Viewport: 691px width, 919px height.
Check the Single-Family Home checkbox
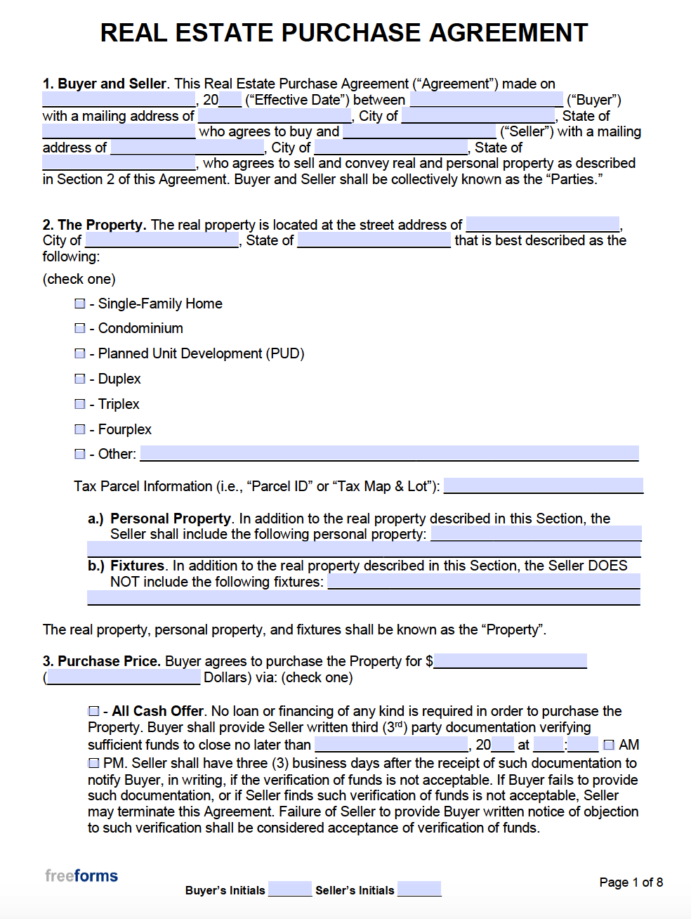click(x=80, y=304)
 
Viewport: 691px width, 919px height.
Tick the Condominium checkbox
click(x=80, y=328)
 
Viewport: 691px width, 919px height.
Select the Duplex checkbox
click(x=80, y=379)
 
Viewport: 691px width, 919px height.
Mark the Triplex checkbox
click(x=80, y=404)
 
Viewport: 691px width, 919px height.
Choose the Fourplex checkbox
click(x=80, y=429)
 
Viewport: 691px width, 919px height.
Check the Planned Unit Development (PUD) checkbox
click(x=80, y=353)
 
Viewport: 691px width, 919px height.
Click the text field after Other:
click(x=389, y=454)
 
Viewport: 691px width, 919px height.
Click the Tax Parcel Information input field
click(x=543, y=486)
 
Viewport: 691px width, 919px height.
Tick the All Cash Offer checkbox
click(x=94, y=711)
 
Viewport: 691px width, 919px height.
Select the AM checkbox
click(x=609, y=745)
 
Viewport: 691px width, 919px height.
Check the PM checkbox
click(x=94, y=763)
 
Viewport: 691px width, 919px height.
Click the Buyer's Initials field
click(x=289, y=889)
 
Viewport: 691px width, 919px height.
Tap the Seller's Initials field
click(x=419, y=889)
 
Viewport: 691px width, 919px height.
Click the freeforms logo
click(x=81, y=875)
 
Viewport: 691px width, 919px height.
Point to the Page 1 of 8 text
click(x=631, y=882)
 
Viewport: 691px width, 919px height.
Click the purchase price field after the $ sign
click(x=510, y=661)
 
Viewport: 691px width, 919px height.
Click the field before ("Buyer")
click(x=486, y=100)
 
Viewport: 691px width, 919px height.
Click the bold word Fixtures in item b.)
click(x=137, y=566)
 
